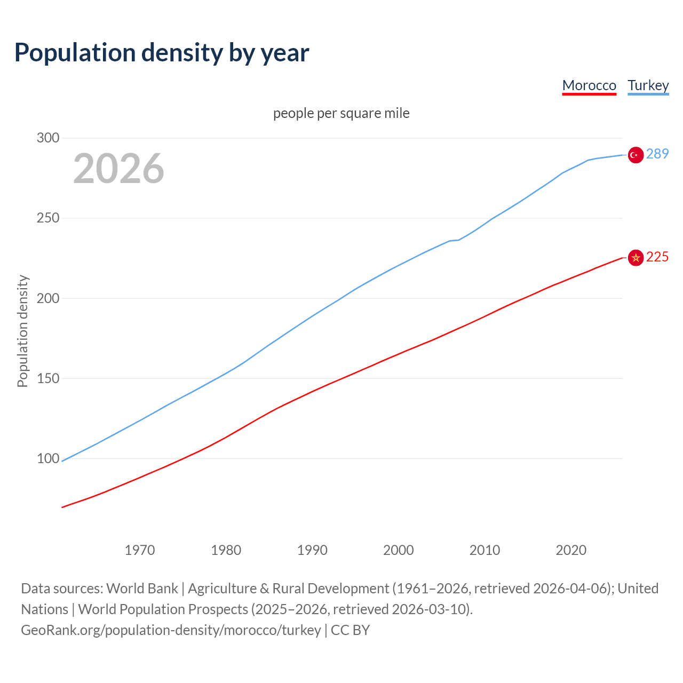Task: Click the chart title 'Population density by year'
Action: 162,52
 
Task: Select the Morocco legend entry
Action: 589,85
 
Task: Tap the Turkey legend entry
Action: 648,85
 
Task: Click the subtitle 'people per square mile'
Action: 341,113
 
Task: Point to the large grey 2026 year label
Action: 118,169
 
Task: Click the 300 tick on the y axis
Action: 48,138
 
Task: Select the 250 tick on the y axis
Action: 48,218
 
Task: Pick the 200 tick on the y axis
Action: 48,298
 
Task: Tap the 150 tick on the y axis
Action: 48,378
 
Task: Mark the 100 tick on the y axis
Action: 48,458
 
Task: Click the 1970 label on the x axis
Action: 140,550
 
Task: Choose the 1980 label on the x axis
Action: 226,550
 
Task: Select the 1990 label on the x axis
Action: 312,550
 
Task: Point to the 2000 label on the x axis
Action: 399,550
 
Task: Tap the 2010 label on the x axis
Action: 485,550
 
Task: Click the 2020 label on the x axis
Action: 571,550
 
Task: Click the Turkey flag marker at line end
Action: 636,155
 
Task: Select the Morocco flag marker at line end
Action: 636,258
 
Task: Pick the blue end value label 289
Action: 657,154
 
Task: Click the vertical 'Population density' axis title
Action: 22,331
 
